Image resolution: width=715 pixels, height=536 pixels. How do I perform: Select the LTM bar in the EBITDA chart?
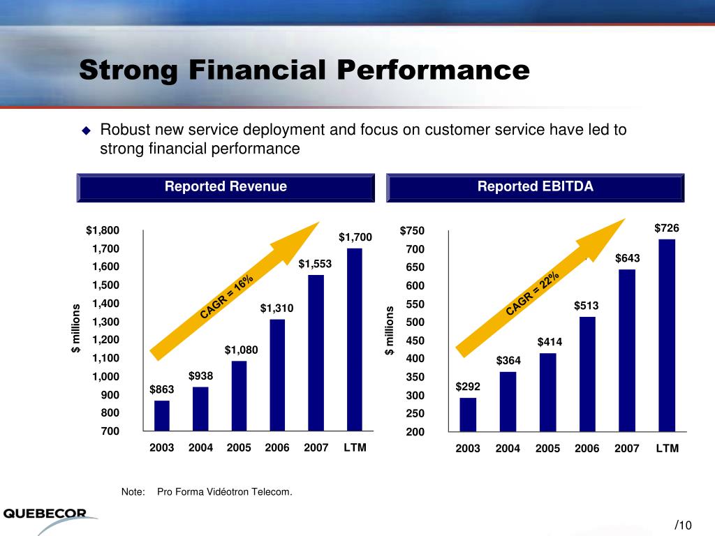coord(667,335)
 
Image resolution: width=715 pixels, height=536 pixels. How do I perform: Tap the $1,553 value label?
coord(316,264)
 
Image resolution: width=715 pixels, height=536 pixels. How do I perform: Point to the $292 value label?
coord(468,386)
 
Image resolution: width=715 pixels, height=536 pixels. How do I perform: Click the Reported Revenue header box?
coord(226,187)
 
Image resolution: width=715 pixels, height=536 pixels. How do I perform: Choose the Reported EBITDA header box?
coord(536,187)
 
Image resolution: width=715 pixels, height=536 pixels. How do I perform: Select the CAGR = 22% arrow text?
coord(533,293)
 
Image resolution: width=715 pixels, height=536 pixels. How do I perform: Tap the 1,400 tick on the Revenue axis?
coord(103,304)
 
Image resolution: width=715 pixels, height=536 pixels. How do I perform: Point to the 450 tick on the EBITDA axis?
coord(415,341)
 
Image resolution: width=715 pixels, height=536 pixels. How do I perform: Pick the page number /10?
coord(683,525)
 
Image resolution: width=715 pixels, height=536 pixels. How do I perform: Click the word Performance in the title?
coord(433,70)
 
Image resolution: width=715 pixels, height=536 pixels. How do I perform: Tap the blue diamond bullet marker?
coord(87,131)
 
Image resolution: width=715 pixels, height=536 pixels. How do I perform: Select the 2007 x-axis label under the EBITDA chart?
coord(627,449)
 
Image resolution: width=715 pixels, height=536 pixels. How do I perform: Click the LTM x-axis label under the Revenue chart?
coord(355,447)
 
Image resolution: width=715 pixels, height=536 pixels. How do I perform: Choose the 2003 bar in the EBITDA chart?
coord(468,415)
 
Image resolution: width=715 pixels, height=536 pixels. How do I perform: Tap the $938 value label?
coord(200,376)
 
